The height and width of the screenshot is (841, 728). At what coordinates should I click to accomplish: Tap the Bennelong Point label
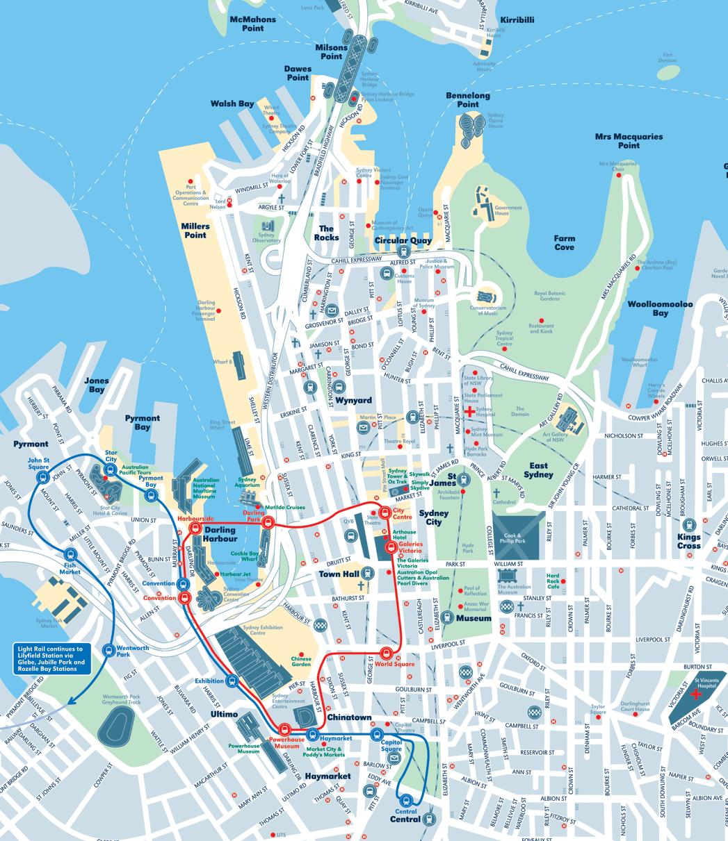(467, 100)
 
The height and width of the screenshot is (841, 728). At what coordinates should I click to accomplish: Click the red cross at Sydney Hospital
(469, 411)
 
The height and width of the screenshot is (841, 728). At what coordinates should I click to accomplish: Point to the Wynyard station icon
(339, 388)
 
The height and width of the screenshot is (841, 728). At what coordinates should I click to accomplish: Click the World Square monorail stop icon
(385, 653)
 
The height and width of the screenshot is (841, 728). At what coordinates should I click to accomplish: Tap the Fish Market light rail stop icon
(70, 555)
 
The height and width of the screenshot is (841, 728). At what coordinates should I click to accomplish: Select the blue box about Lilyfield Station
(54, 658)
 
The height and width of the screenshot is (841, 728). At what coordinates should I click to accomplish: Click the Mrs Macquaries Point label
(629, 141)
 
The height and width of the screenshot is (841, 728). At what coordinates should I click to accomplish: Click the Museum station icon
(448, 617)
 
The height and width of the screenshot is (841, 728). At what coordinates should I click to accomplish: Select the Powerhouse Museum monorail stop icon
(284, 729)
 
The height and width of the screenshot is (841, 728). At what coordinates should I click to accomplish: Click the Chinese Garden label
(301, 662)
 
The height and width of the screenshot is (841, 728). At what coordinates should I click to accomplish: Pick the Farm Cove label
(564, 242)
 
